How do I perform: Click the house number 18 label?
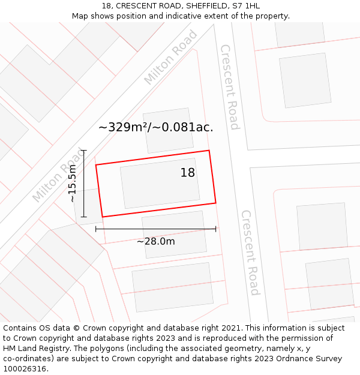click(x=188, y=173)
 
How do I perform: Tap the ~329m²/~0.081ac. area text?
click(x=155, y=127)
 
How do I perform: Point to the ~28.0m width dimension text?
click(x=156, y=241)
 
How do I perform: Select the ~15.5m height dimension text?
click(x=73, y=184)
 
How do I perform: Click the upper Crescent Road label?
click(x=230, y=87)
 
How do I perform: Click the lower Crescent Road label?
click(x=251, y=252)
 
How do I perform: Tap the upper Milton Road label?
click(x=170, y=57)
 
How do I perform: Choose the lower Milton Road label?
click(x=59, y=175)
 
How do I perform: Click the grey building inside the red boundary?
click(x=160, y=183)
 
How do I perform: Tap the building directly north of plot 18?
click(x=168, y=130)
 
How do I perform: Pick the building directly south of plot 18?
click(x=174, y=234)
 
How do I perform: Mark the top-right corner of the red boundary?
click(x=209, y=151)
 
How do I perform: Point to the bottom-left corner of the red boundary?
click(x=103, y=217)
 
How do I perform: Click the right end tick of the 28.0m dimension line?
click(x=215, y=229)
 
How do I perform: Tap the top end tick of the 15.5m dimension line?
click(x=84, y=151)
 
